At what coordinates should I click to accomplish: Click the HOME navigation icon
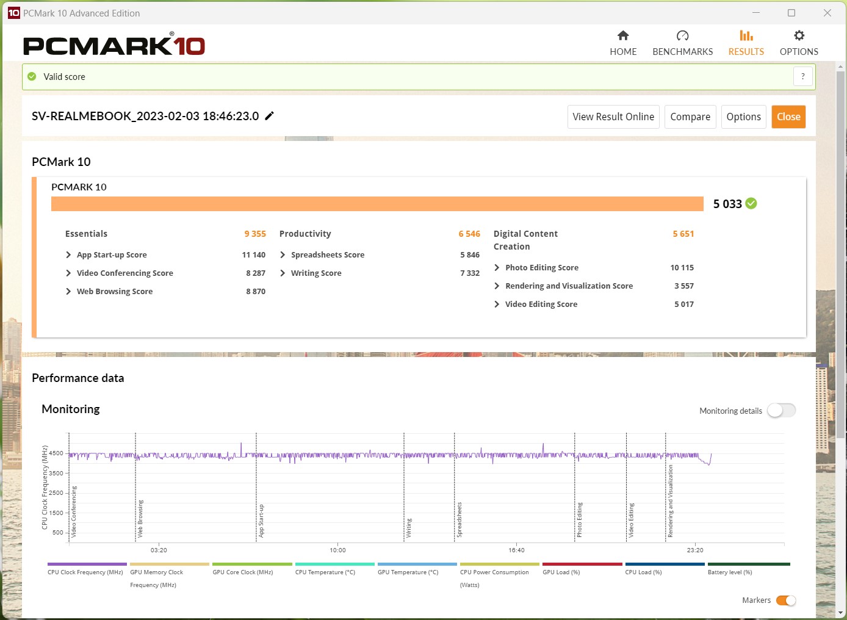point(623,35)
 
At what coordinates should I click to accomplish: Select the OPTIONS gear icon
point(799,35)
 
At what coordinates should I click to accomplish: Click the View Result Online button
point(613,117)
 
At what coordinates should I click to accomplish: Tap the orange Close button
point(788,117)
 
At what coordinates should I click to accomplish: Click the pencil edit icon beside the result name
point(269,116)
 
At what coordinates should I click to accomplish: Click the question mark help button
point(802,77)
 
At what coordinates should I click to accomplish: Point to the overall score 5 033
point(727,204)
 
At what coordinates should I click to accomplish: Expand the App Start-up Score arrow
point(68,255)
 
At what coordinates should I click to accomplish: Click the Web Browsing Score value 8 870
point(256,292)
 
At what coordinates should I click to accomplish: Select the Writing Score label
point(316,273)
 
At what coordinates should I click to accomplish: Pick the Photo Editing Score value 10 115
point(682,268)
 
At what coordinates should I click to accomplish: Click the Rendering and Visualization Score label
point(569,286)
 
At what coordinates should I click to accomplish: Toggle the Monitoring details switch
point(781,411)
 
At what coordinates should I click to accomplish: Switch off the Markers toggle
point(786,600)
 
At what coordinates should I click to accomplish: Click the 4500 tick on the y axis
point(56,453)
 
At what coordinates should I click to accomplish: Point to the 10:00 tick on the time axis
point(337,550)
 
